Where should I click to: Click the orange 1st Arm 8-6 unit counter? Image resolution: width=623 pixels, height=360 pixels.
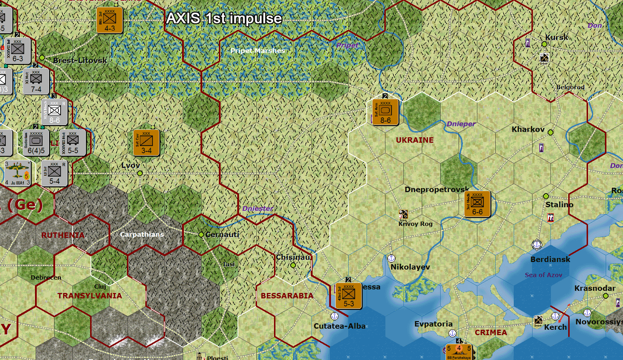pos(385,112)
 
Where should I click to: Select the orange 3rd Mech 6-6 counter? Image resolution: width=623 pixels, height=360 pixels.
pos(477,204)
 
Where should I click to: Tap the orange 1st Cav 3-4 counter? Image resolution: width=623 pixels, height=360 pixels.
pos(146,143)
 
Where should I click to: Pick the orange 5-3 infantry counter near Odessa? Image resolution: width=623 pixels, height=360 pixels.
pos(348,296)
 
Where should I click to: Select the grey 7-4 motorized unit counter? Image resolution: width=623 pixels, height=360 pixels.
pos(36,82)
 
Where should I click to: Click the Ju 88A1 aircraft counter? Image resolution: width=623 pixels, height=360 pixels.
pos(18,173)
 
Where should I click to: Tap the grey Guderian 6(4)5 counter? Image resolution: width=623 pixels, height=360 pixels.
pos(36,143)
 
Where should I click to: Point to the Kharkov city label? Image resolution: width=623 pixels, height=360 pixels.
pos(528,129)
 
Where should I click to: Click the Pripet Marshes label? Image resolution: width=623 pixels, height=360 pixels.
pos(257,51)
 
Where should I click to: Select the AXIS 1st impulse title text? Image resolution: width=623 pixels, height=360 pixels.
pos(224,18)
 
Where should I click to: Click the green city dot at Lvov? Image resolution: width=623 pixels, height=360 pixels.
pos(140,173)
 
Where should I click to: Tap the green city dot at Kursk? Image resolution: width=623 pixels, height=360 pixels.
pos(544,44)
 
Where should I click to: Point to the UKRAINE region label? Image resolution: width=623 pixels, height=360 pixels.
pos(415,140)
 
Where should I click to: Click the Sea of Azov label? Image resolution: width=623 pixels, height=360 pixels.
pos(543,275)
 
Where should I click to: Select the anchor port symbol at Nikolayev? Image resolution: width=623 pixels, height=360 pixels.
pos(391,258)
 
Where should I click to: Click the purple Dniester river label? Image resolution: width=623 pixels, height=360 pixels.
pos(257,209)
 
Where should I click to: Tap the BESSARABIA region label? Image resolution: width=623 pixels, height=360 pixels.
pos(287,296)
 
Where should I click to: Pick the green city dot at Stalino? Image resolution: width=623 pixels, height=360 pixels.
pos(546,196)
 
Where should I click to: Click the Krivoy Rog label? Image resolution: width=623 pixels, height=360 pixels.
pos(415,224)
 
